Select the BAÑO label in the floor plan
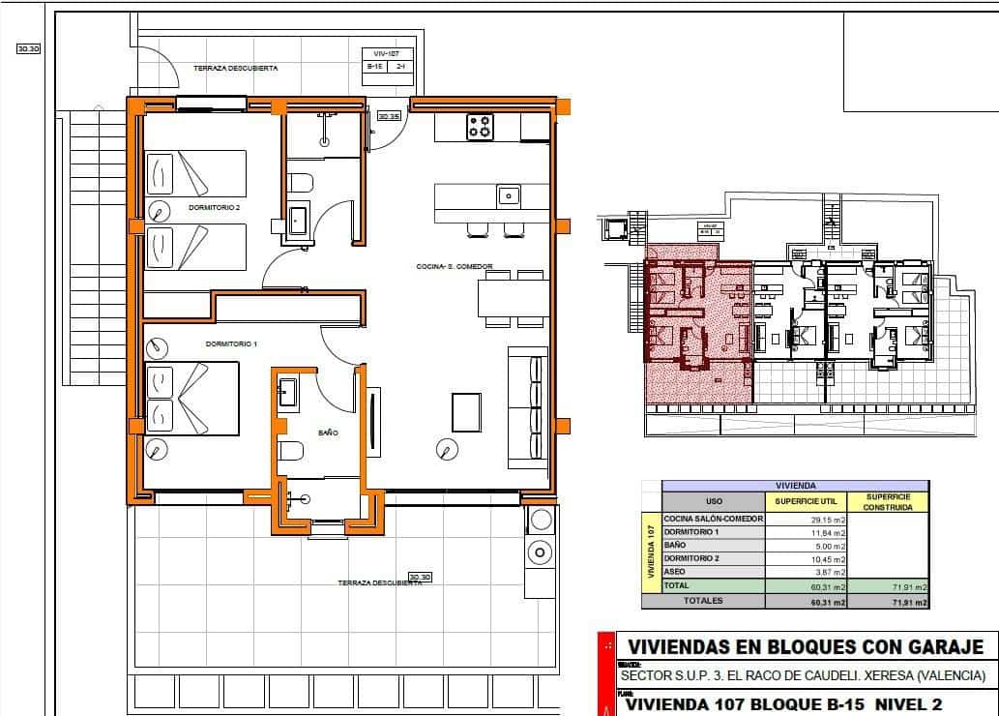328,433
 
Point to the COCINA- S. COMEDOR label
455,266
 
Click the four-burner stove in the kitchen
481,127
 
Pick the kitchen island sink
509,195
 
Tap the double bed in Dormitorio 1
191,398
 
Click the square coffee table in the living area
466,411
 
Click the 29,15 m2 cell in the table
805,519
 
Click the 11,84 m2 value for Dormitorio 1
805,532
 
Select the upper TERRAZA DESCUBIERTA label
236,69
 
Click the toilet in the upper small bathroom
301,182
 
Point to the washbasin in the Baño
288,392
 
